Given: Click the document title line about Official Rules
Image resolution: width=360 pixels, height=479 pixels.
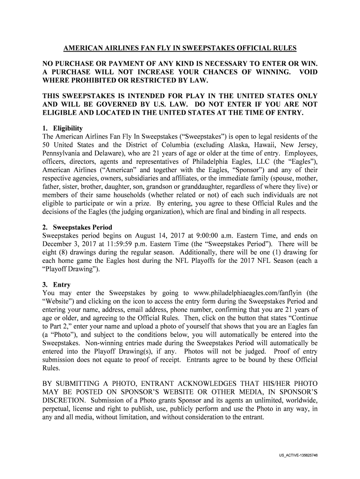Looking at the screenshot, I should click(x=180, y=49).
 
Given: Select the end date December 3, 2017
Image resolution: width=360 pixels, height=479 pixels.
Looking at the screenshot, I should click(x=67, y=244).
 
